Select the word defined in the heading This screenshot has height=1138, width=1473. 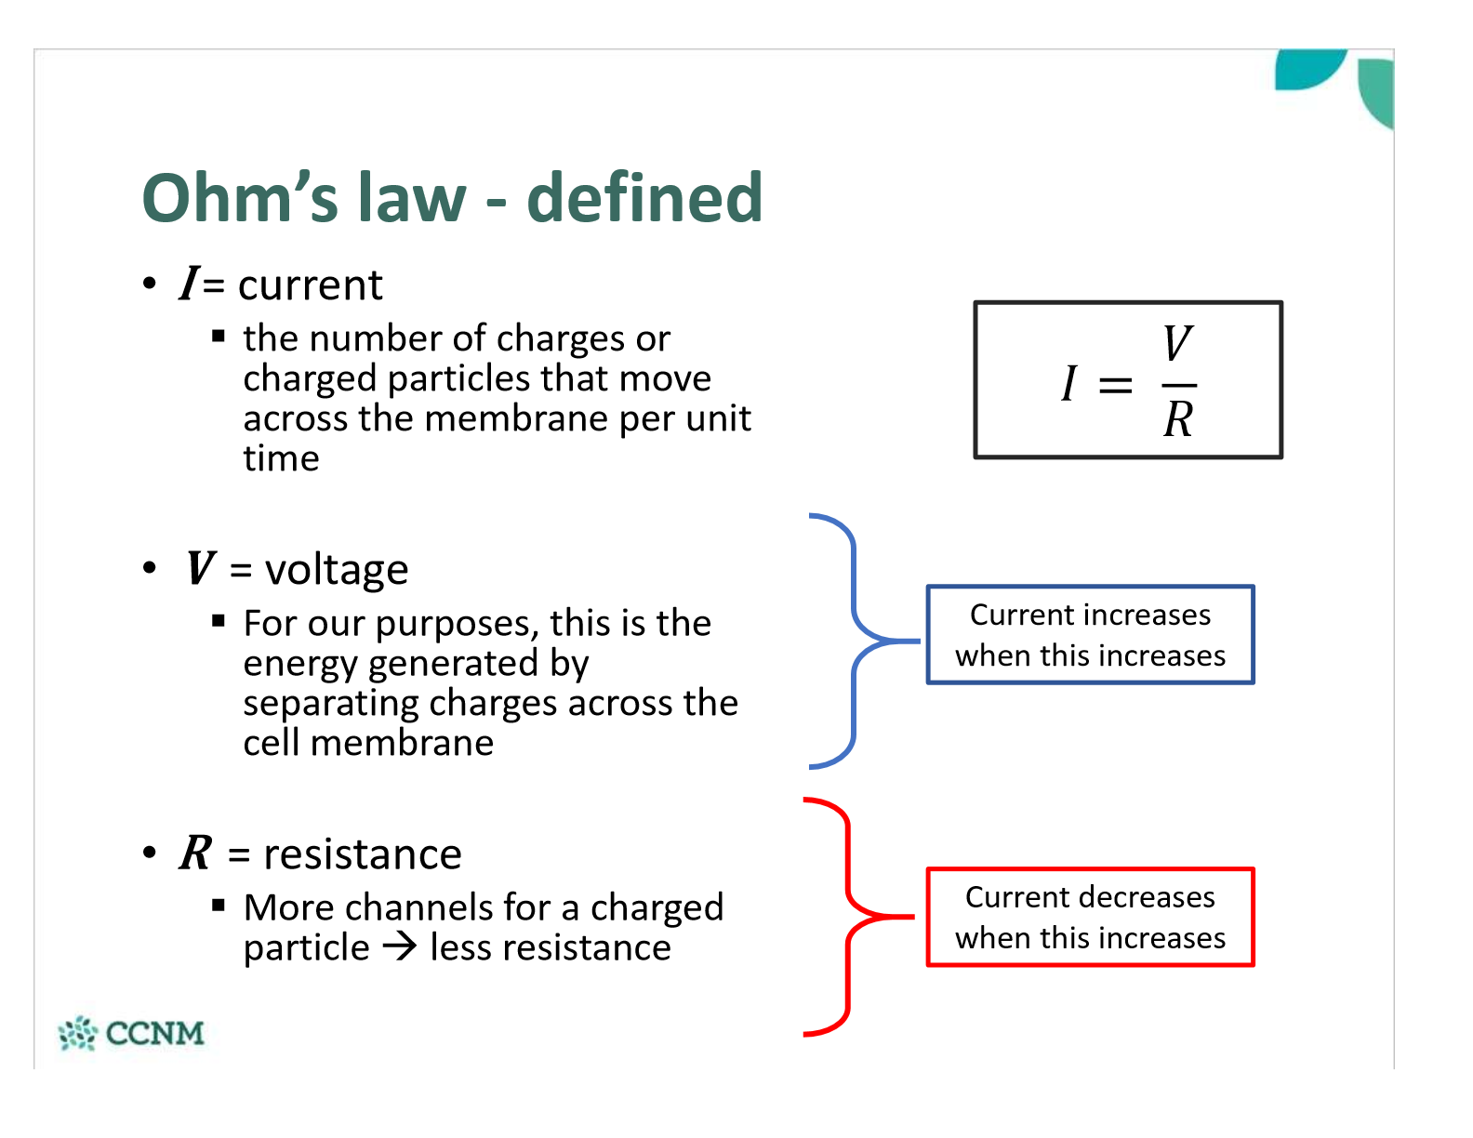point(644,197)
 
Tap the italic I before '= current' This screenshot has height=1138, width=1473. point(190,284)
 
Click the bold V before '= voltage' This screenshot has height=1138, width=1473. point(200,568)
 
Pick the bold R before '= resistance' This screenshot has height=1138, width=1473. point(196,853)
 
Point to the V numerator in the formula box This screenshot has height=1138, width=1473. point(1177,344)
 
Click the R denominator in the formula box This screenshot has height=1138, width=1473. point(1178,419)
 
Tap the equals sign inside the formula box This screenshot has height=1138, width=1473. point(1115,384)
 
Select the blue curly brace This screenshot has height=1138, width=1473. point(854,641)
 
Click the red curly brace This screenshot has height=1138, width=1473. point(847,916)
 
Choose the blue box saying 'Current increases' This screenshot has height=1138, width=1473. point(1090,635)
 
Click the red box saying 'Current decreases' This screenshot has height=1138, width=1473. point(1090,918)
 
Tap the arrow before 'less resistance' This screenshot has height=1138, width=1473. point(400,947)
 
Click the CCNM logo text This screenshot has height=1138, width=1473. point(154,1033)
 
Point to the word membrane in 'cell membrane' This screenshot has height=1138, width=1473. point(402,744)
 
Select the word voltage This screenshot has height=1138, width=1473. point(337,570)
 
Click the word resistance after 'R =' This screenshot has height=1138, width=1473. point(363,854)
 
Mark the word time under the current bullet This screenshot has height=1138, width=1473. point(281,458)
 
